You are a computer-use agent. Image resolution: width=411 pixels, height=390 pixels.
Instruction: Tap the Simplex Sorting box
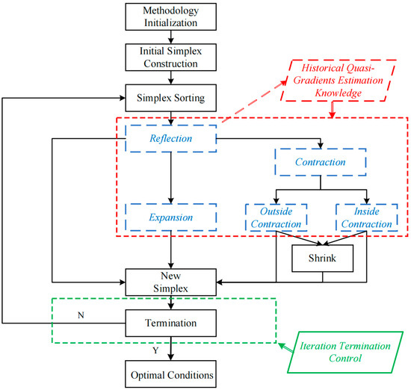click(x=173, y=98)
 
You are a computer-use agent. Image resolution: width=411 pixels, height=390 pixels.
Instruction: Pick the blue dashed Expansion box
click(x=173, y=217)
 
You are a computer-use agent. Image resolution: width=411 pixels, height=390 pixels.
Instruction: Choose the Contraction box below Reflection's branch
click(x=321, y=161)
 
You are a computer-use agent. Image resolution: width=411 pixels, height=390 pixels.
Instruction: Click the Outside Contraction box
click(x=274, y=217)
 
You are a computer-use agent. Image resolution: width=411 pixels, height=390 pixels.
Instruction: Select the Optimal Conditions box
click(x=173, y=374)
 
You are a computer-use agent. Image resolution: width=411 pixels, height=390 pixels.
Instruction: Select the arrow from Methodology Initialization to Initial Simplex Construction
click(x=173, y=36)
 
